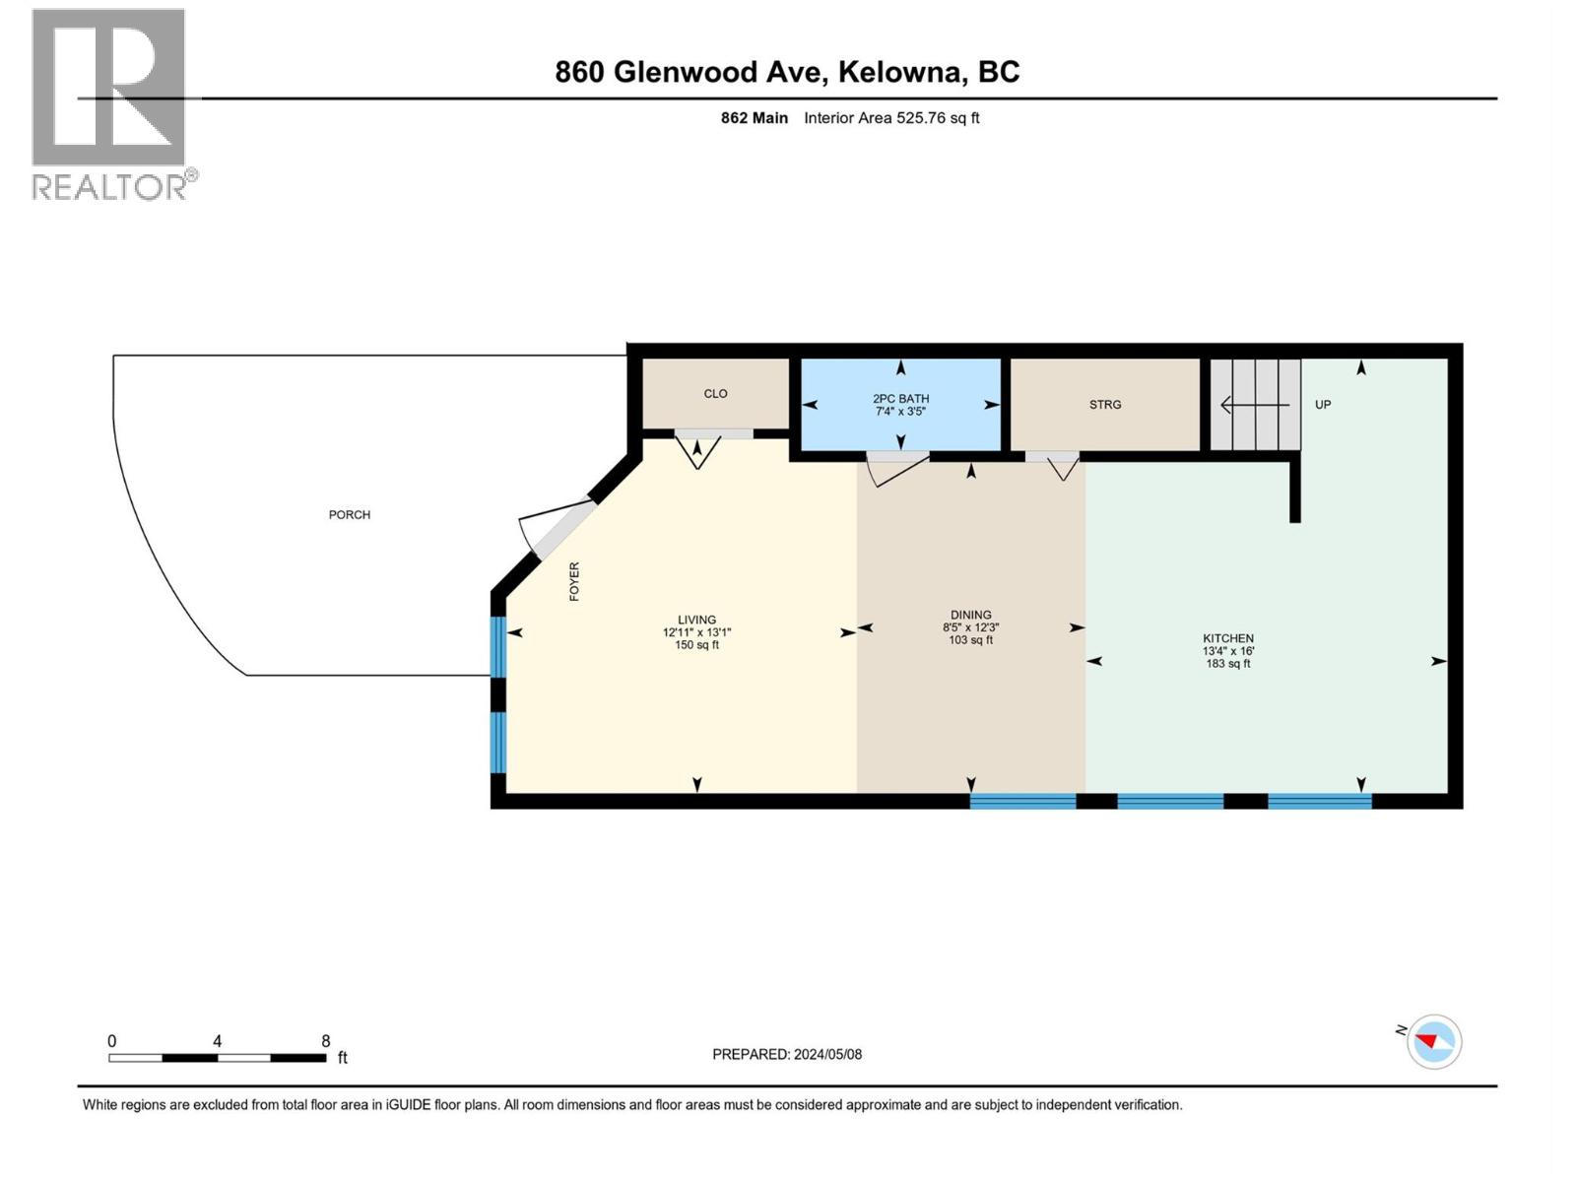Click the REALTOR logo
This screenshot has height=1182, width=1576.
click(109, 103)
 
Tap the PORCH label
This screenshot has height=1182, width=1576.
click(350, 515)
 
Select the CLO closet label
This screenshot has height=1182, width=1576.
click(715, 394)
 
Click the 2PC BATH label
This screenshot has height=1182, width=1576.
click(900, 399)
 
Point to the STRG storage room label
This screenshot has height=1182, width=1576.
click(1105, 405)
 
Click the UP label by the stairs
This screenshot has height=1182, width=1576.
click(1323, 405)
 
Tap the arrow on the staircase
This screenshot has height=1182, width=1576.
click(1254, 405)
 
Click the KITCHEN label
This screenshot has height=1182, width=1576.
click(1227, 638)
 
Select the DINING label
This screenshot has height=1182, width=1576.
click(970, 615)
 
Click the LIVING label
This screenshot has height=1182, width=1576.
click(696, 620)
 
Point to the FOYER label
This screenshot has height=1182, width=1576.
click(574, 582)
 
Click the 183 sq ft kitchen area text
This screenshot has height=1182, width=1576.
click(1227, 664)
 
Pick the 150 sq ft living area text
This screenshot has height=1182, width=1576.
click(696, 645)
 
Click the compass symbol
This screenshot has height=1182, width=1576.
click(1433, 1042)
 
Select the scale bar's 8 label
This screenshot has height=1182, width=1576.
click(326, 1041)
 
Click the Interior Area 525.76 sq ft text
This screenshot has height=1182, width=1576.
click(891, 118)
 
